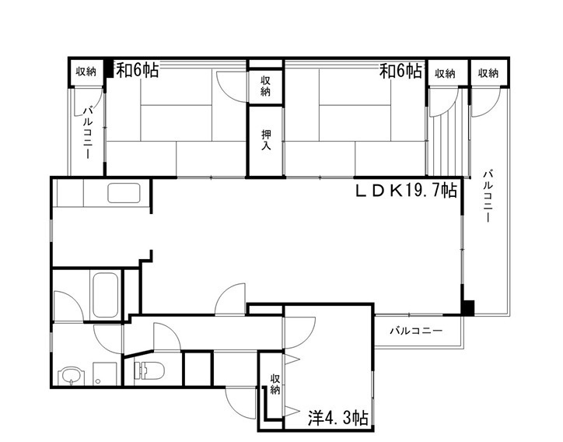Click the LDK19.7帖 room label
pyautogui.click(x=406, y=191)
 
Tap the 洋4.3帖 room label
pyautogui.click(x=337, y=418)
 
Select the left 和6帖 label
pyautogui.click(x=137, y=70)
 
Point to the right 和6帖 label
pyautogui.click(x=400, y=71)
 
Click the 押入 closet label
pyautogui.click(x=266, y=140)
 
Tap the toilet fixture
pyautogui.click(x=149, y=370)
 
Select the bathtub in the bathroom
pyautogui.click(x=106, y=295)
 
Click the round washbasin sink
pyautogui.click(x=71, y=376)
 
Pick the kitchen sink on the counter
pyautogui.click(x=124, y=193)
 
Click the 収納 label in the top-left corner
pyautogui.click(x=86, y=72)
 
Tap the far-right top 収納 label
pyautogui.click(x=488, y=73)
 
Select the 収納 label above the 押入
pyautogui.click(x=266, y=86)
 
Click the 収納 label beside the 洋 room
pyautogui.click(x=275, y=384)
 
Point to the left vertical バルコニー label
pyautogui.click(x=88, y=132)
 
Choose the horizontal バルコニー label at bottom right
pyautogui.click(x=416, y=331)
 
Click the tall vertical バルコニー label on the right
pyautogui.click(x=488, y=196)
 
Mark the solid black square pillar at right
pyautogui.click(x=468, y=308)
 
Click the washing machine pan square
pyautogui.click(x=104, y=374)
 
